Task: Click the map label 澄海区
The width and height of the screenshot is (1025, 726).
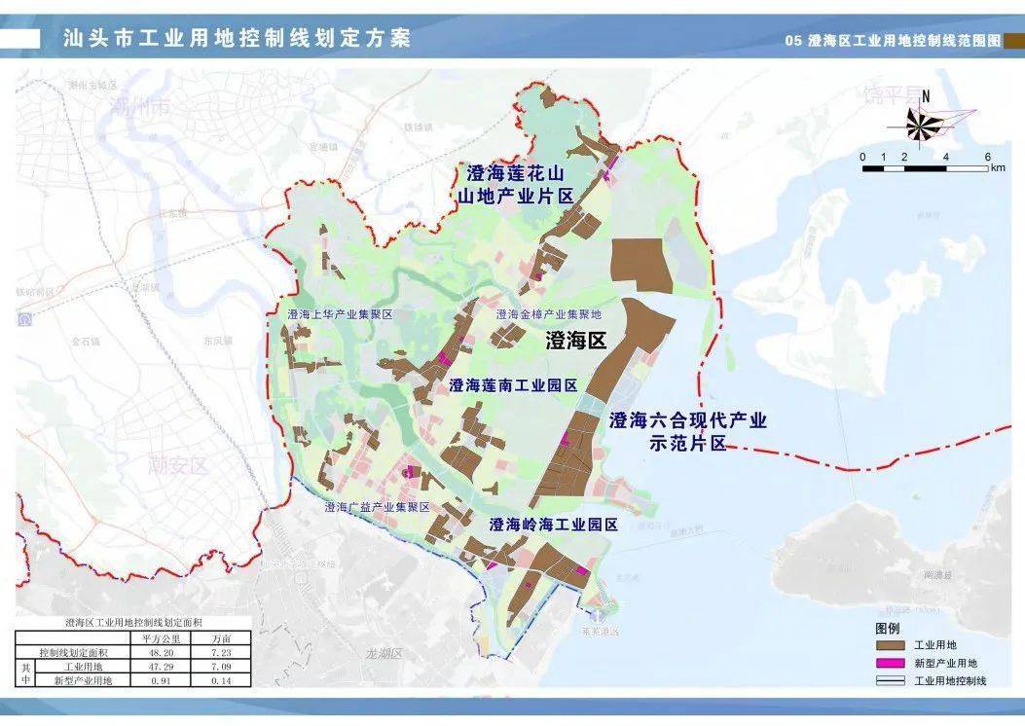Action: coord(575,341)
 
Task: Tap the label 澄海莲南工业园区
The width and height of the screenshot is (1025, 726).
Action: coord(514,385)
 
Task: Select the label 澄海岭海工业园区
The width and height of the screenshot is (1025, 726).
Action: coord(554,525)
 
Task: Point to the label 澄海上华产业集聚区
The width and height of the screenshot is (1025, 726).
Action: coord(339,315)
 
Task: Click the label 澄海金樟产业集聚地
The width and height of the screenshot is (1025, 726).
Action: coord(549,314)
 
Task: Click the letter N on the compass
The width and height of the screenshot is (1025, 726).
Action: coord(927,95)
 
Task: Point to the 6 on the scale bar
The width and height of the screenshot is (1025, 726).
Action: coord(987,157)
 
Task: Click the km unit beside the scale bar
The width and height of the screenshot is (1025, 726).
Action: coord(998,168)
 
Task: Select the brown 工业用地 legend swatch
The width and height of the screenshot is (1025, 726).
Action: coord(890,645)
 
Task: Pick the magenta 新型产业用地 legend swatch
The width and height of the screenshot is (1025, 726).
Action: coord(890,663)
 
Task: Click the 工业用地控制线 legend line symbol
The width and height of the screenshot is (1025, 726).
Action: coord(890,680)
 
